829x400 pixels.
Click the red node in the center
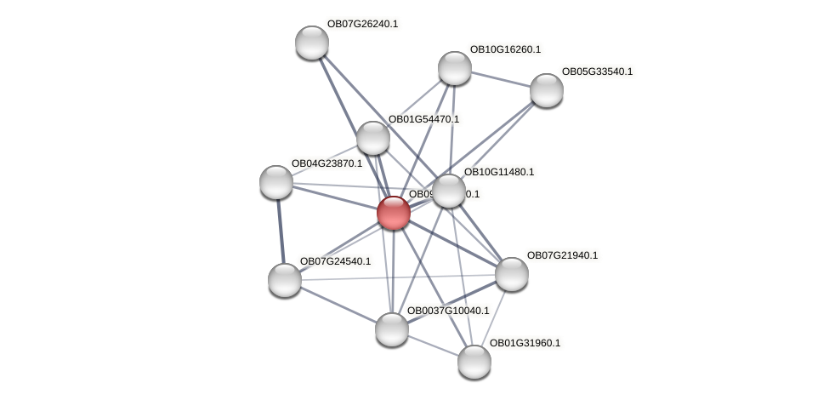[x=394, y=213]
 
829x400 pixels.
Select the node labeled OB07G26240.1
[x=312, y=43]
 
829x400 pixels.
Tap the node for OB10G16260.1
[x=455, y=68]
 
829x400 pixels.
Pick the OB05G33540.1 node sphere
[x=547, y=90]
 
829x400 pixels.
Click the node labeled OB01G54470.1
[x=373, y=138]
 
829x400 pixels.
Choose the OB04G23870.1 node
[x=276, y=181]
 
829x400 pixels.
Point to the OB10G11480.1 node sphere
[x=449, y=191]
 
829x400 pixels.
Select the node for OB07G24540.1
[x=285, y=279]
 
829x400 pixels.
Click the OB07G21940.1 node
[x=512, y=273]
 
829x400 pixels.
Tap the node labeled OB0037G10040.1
[x=392, y=329]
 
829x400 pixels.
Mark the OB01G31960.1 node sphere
[x=474, y=362]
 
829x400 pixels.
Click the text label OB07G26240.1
[x=362, y=24]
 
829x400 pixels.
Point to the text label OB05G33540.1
[x=597, y=71]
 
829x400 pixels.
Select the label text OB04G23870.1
[x=326, y=163]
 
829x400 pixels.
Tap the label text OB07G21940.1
[x=562, y=255]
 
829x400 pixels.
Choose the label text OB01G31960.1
[x=525, y=343]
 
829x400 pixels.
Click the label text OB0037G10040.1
[x=448, y=311]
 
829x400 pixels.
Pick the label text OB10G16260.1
[x=505, y=49]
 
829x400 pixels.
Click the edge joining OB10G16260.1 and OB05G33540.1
[x=501, y=79]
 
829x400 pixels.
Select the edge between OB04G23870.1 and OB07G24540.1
[x=281, y=230]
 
